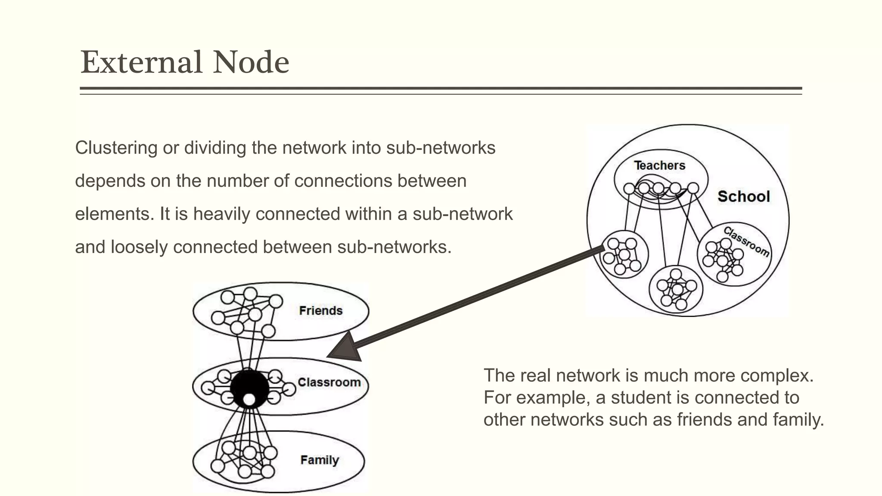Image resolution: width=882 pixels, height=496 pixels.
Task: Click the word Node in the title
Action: click(x=251, y=62)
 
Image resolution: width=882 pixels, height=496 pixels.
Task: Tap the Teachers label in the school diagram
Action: click(x=659, y=165)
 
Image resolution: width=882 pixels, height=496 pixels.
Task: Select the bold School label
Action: click(x=743, y=197)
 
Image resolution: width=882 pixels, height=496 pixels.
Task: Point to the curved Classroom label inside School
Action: click(x=746, y=242)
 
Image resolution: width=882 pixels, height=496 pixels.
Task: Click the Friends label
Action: click(x=321, y=311)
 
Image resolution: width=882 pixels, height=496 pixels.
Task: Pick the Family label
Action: click(x=320, y=460)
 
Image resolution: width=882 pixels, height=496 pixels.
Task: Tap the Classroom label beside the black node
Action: click(x=329, y=382)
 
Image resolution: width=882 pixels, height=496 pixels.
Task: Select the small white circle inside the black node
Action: click(x=249, y=400)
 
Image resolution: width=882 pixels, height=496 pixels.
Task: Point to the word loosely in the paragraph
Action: click(x=139, y=247)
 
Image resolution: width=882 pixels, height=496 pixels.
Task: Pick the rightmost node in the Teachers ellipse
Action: click(x=693, y=188)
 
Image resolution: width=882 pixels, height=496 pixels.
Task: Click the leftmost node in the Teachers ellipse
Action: click(x=629, y=189)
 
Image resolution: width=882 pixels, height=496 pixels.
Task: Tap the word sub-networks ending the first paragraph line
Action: click(x=441, y=148)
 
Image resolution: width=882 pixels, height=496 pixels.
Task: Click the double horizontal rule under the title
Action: click(x=441, y=90)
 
